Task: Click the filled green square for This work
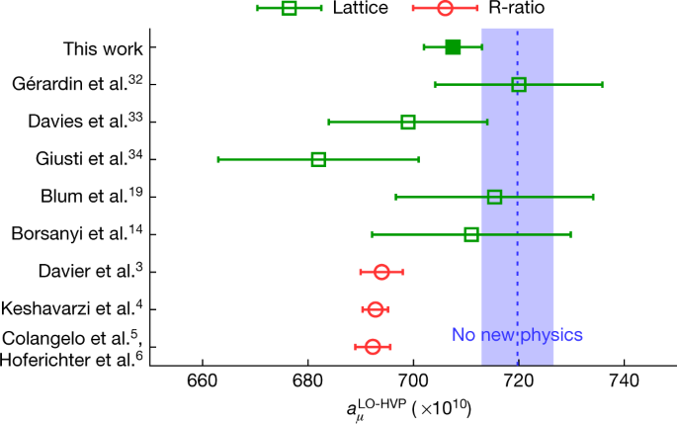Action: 453,46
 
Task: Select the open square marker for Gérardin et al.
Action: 519,85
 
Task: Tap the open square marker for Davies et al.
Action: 408,122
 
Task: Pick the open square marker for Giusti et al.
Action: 318,159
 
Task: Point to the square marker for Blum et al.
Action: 494,197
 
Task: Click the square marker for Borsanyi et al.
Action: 471,234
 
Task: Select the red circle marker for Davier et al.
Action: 381,272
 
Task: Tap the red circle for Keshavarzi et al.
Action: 376,309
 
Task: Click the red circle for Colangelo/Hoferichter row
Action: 373,347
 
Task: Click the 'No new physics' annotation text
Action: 517,335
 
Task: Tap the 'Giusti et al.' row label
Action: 98,158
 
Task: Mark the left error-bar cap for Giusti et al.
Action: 217,159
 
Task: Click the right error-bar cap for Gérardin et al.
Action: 602,85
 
